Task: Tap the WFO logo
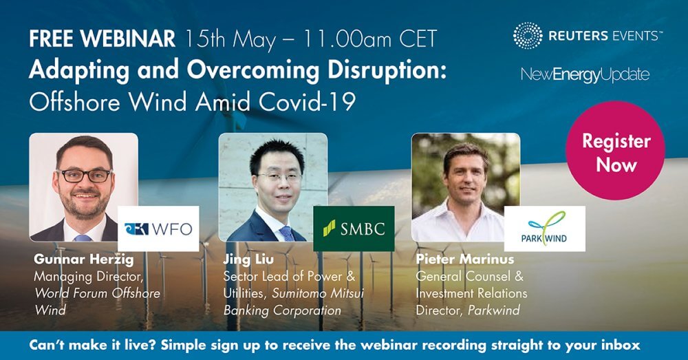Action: (158, 229)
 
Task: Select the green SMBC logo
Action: (354, 229)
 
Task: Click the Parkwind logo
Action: (544, 229)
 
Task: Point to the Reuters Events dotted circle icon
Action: (528, 36)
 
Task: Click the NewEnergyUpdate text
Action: (585, 74)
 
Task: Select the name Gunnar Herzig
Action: (84, 259)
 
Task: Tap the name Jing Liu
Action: (248, 260)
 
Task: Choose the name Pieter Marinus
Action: (464, 259)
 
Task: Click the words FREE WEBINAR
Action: (103, 39)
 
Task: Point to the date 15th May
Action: (230, 39)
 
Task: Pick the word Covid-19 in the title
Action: (307, 103)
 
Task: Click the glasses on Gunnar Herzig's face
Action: (85, 176)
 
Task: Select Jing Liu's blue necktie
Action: (287, 233)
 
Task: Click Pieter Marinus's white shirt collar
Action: (464, 211)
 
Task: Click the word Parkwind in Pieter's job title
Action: (493, 310)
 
